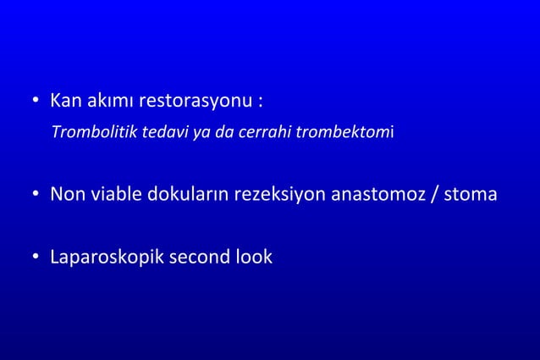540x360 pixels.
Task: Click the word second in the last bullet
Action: (195, 257)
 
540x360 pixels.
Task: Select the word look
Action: (253, 257)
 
